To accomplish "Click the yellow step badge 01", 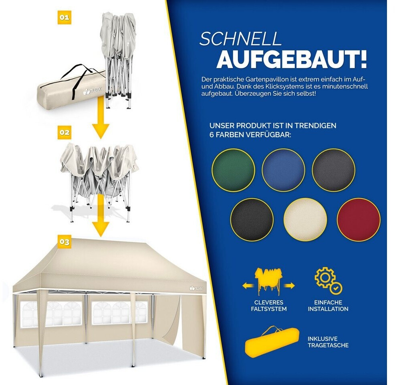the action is tap(64, 17).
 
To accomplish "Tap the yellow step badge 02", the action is tap(64, 132).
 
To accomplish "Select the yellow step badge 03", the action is tap(64, 242).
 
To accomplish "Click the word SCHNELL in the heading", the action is tap(240, 39).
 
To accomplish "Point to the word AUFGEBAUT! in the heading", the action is tap(292, 59).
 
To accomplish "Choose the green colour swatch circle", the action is tap(233, 170).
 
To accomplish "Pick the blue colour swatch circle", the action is tap(283, 170).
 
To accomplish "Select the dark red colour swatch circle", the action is tap(359, 220).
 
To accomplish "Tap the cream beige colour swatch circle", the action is tap(305, 220).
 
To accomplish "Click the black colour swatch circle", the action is tap(252, 220).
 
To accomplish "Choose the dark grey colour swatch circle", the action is tap(334, 170).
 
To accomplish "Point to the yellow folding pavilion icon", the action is tap(268, 282).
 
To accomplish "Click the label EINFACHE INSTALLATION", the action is tap(328, 306).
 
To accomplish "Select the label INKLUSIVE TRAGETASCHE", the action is tap(328, 342).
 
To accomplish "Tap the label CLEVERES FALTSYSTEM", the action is tap(269, 306).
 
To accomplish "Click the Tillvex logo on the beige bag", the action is tap(92, 91).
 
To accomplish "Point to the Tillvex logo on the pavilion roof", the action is tap(196, 288).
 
